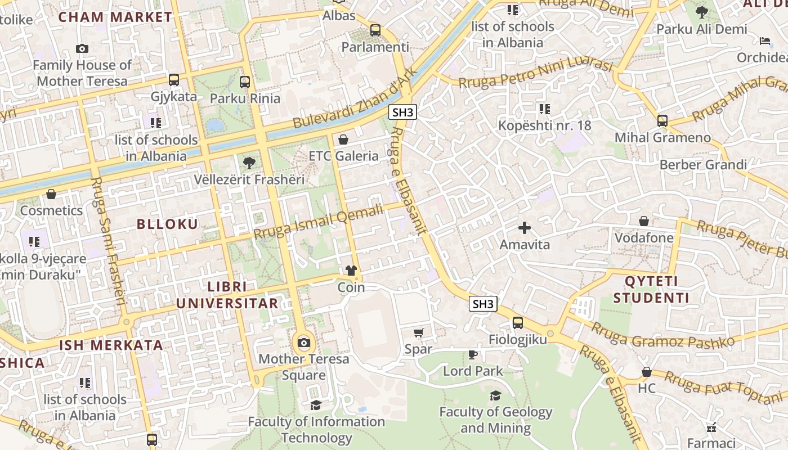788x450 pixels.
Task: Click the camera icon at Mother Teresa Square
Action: pyautogui.click(x=304, y=343)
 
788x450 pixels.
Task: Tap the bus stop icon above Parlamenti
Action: pyautogui.click(x=375, y=30)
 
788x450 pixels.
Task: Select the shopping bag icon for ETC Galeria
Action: pyautogui.click(x=343, y=139)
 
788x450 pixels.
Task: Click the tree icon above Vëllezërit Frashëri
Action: pyautogui.click(x=248, y=164)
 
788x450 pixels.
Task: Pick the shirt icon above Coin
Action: pyautogui.click(x=351, y=271)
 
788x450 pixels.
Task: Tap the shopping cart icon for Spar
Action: pyautogui.click(x=418, y=333)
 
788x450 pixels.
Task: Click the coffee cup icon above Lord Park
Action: pyautogui.click(x=473, y=354)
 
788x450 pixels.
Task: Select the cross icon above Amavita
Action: pyautogui.click(x=525, y=228)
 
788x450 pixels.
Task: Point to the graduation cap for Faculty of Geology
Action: pyautogui.click(x=495, y=395)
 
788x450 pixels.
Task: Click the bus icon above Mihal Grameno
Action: pyautogui.click(x=662, y=121)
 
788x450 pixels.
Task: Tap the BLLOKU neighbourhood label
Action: pyautogui.click(x=168, y=224)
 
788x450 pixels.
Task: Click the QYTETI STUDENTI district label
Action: pyautogui.click(x=651, y=289)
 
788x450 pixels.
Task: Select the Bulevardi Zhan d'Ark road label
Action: pyautogui.click(x=355, y=98)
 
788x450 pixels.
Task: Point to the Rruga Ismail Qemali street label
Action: pyautogui.click(x=318, y=220)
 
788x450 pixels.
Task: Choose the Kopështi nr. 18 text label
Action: pyautogui.click(x=544, y=125)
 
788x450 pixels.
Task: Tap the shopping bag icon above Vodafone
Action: pyautogui.click(x=644, y=221)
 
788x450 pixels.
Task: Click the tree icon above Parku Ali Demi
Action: pyautogui.click(x=701, y=12)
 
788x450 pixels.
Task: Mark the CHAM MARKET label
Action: pyautogui.click(x=115, y=17)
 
